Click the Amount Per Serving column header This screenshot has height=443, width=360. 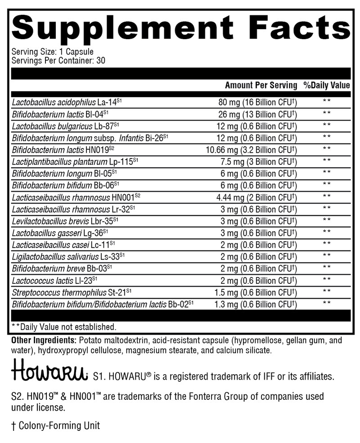[x=261, y=85]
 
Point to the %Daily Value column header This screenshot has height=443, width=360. [x=326, y=85]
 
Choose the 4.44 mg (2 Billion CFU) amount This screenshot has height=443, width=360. [x=255, y=196]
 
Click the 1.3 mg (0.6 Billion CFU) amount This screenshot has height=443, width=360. [x=255, y=304]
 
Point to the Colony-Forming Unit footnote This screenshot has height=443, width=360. [x=56, y=425]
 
